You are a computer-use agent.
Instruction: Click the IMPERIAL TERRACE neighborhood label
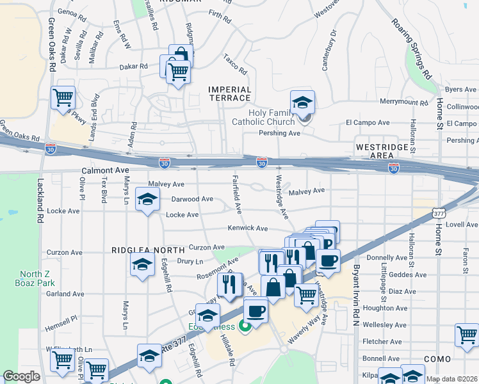point(229,93)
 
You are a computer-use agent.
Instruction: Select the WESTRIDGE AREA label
point(382,151)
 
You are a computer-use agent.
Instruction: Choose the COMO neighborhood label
point(437,360)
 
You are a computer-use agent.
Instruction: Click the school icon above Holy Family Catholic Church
point(302,101)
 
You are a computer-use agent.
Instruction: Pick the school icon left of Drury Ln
point(142,264)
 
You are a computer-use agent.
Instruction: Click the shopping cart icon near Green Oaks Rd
point(63,98)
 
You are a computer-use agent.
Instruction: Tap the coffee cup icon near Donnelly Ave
point(328,260)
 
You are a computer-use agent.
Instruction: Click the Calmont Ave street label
point(106,171)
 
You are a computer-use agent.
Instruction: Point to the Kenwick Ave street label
point(248,228)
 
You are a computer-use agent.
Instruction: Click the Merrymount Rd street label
point(403,102)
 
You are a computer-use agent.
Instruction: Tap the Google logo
point(22,376)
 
